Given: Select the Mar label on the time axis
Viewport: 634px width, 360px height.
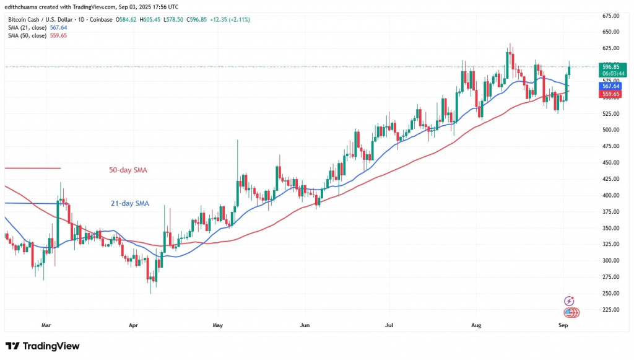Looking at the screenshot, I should (x=46, y=324).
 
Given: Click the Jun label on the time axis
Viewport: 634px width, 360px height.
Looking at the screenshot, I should (x=304, y=324).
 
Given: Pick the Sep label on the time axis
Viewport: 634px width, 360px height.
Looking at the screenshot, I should (x=563, y=324).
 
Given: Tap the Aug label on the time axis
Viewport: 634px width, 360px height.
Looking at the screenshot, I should (x=476, y=324).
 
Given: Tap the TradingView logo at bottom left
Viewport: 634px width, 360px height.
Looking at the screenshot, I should (x=43, y=346).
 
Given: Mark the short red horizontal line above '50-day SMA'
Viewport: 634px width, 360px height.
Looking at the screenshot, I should (x=32, y=168).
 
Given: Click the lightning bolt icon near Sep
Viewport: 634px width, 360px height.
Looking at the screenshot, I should (x=570, y=301).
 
